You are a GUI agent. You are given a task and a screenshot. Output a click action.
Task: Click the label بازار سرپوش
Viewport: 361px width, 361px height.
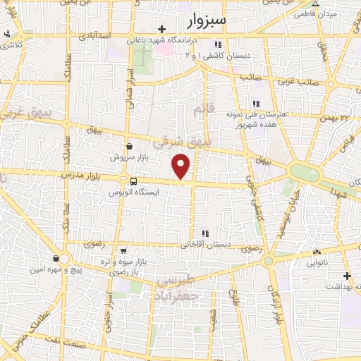pos(128,158)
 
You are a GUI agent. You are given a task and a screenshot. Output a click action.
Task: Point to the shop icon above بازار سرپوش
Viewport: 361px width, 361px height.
pos(128,146)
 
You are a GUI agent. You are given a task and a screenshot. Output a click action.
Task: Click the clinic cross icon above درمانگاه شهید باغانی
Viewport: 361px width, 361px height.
pos(163,29)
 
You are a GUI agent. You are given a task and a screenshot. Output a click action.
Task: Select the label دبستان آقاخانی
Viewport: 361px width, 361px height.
pos(206,245)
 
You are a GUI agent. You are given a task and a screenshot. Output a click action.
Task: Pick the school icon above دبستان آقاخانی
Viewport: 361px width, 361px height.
pos(205,233)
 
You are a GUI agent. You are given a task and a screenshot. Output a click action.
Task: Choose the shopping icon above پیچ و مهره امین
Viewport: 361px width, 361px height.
pos(56,258)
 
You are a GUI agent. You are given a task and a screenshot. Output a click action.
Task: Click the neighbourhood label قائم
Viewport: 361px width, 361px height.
pos(203,109)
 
